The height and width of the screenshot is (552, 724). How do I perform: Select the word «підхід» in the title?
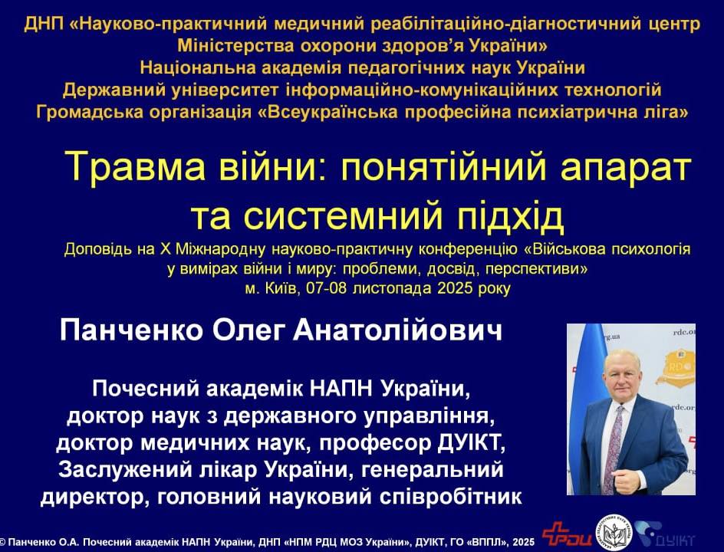click(x=510, y=216)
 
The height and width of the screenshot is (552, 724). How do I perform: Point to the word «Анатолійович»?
click(x=397, y=330)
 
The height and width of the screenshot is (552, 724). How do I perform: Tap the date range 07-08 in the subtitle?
click(x=327, y=288)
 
